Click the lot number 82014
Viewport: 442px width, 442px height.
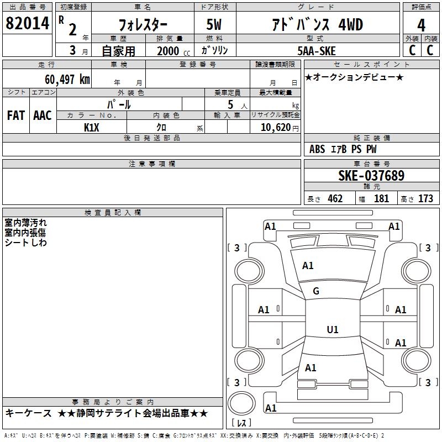coord(27,23)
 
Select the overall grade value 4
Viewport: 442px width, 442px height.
coord(421,25)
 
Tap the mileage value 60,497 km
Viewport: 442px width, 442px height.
coord(67,80)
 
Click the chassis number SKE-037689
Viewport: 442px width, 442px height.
coord(371,176)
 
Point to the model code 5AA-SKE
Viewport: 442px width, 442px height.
coord(317,51)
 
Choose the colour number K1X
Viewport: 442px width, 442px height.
coord(91,128)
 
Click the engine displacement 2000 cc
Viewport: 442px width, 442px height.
coord(173,51)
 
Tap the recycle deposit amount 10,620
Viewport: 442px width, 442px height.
coord(275,128)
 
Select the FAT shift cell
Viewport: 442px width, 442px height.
coord(16,115)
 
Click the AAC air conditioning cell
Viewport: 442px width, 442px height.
coord(43,115)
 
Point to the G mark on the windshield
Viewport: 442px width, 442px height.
coord(316,291)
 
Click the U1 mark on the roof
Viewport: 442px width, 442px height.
coord(333,329)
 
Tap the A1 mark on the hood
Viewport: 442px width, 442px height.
coord(308,266)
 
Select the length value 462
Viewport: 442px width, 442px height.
coord(335,199)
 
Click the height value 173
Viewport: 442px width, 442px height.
coord(425,199)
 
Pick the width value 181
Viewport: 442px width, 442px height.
coord(381,199)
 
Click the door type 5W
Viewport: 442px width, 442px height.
coord(214,24)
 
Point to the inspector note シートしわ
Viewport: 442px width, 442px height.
coord(25,243)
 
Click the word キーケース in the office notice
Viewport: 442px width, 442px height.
coord(29,413)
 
